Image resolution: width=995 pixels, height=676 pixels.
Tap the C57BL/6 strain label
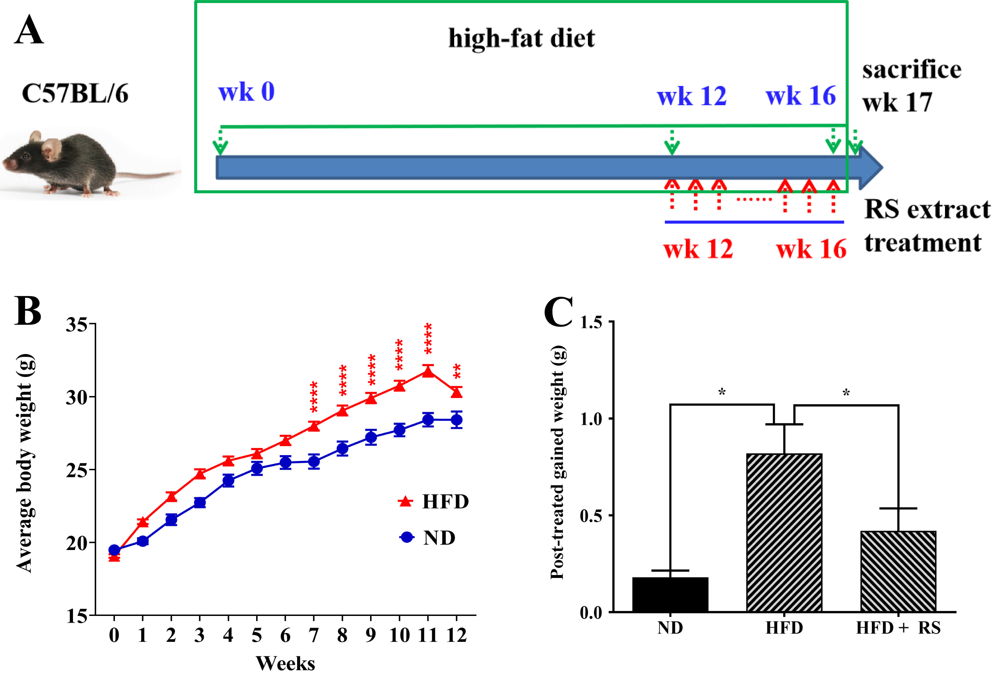[75, 93]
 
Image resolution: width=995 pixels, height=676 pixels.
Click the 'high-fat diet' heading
[521, 39]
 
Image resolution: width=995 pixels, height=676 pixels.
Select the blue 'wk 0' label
[246, 92]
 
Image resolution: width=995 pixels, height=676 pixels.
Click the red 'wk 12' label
[698, 249]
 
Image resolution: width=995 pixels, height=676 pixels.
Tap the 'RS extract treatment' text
[927, 226]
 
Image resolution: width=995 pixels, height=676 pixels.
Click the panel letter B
[28, 311]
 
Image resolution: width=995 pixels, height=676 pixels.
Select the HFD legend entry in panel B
[434, 501]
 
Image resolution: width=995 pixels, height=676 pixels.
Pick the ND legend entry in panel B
[428, 537]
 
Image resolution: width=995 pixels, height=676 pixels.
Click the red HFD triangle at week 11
[428, 371]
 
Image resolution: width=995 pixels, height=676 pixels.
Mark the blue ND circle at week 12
[456, 420]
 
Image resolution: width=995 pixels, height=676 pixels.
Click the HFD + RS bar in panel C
[898, 571]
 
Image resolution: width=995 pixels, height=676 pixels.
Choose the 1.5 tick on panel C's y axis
[591, 322]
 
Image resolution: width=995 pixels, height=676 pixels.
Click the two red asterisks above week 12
[457, 371]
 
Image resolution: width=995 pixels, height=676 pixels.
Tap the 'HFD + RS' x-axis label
[898, 628]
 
